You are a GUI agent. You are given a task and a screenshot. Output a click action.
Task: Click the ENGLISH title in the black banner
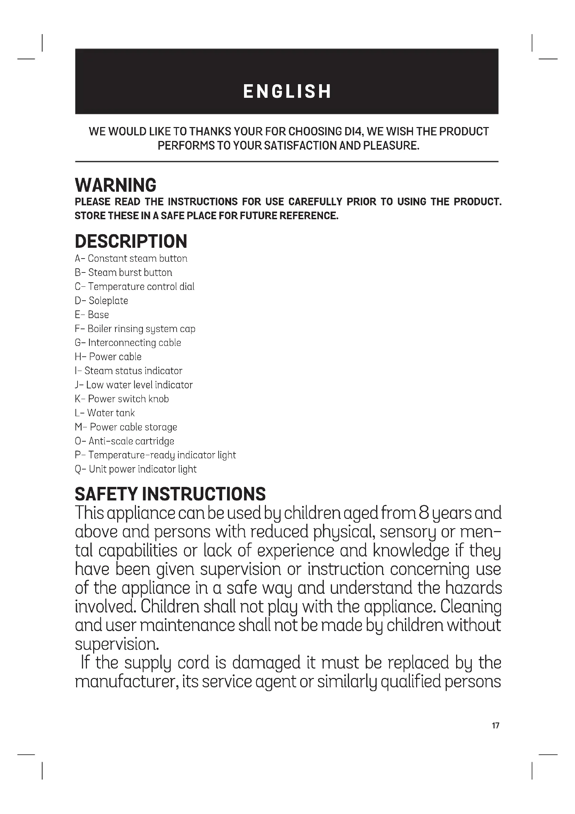[287, 91]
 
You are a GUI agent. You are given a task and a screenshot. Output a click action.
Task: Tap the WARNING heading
[115, 185]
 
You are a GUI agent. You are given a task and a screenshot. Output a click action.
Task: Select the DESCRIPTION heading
[131, 242]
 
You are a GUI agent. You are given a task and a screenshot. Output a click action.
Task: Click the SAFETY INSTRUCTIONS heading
[170, 494]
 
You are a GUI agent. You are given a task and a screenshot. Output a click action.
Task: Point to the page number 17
[495, 726]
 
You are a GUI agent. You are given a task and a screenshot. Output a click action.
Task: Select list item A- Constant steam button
[131, 259]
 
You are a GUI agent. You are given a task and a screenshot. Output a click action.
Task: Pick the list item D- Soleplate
[101, 301]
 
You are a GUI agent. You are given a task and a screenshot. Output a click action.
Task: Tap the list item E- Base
[92, 315]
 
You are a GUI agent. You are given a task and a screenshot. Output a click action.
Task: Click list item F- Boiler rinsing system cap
[135, 329]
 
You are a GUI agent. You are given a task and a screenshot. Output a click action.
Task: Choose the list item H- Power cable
[108, 357]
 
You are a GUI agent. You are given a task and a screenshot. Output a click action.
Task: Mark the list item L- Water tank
[104, 413]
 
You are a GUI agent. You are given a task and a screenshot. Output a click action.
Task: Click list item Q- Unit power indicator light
[135, 469]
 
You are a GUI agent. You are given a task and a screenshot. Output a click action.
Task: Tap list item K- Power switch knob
[121, 399]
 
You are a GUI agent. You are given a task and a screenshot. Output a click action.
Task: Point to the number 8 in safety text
[424, 513]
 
